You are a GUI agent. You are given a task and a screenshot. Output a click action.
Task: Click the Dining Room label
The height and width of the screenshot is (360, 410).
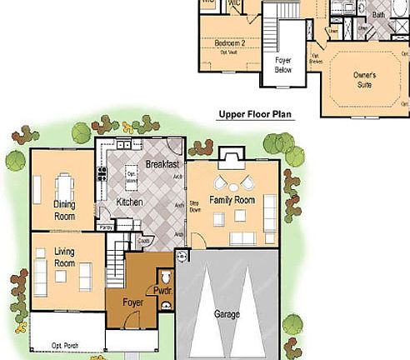pyautogui.click(x=64, y=209)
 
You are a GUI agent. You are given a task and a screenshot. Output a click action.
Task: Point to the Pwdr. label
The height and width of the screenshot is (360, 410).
pyautogui.click(x=162, y=290)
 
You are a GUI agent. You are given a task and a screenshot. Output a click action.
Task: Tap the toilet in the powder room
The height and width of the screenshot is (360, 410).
pyautogui.click(x=166, y=276)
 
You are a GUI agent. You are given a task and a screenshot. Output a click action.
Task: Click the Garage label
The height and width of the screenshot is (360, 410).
pyautogui.click(x=227, y=315)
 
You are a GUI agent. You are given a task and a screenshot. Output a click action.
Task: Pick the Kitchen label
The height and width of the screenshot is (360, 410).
pyautogui.click(x=129, y=202)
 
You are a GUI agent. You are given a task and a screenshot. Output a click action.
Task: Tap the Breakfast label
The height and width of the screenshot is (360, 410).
pyautogui.click(x=162, y=164)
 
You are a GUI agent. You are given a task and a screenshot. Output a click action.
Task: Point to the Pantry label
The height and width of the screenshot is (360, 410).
pyautogui.click(x=106, y=227)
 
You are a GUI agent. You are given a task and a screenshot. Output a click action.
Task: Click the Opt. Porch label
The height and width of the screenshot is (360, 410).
pyautogui.click(x=65, y=345)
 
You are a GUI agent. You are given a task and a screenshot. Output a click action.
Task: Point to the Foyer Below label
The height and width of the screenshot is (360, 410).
pyautogui.click(x=287, y=66)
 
